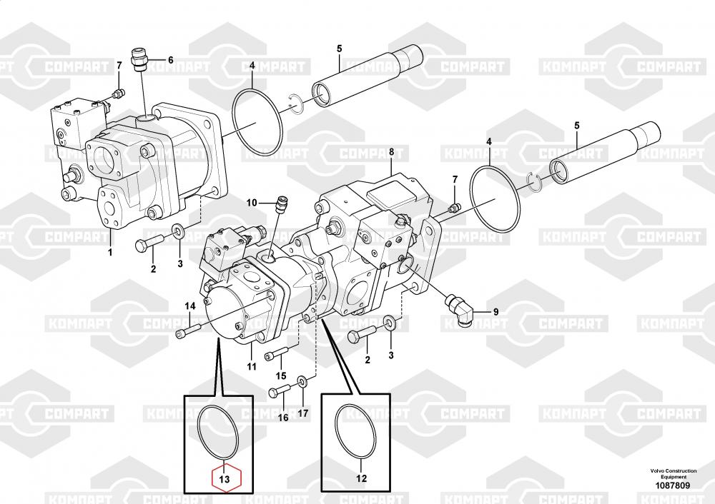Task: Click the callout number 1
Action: (110, 252)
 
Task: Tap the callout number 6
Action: (170, 60)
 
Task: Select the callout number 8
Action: (391, 151)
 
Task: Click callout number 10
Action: (251, 203)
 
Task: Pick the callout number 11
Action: (251, 367)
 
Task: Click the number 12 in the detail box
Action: (361, 478)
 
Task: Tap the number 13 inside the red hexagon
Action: (225, 479)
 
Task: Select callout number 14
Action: (189, 306)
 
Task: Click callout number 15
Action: (281, 376)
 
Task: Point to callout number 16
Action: (283, 418)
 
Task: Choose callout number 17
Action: (303, 413)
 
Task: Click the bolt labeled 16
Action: (280, 390)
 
